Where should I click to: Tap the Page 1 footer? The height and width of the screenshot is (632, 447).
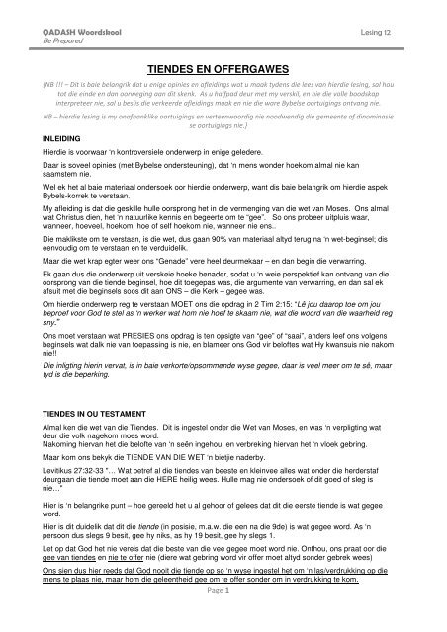223,613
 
